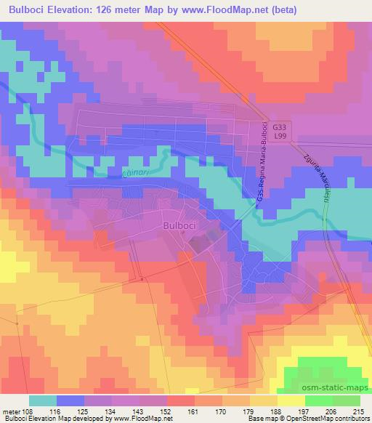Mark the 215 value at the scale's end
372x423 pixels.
[x=359, y=411]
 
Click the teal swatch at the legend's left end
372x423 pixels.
[x=43, y=400]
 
